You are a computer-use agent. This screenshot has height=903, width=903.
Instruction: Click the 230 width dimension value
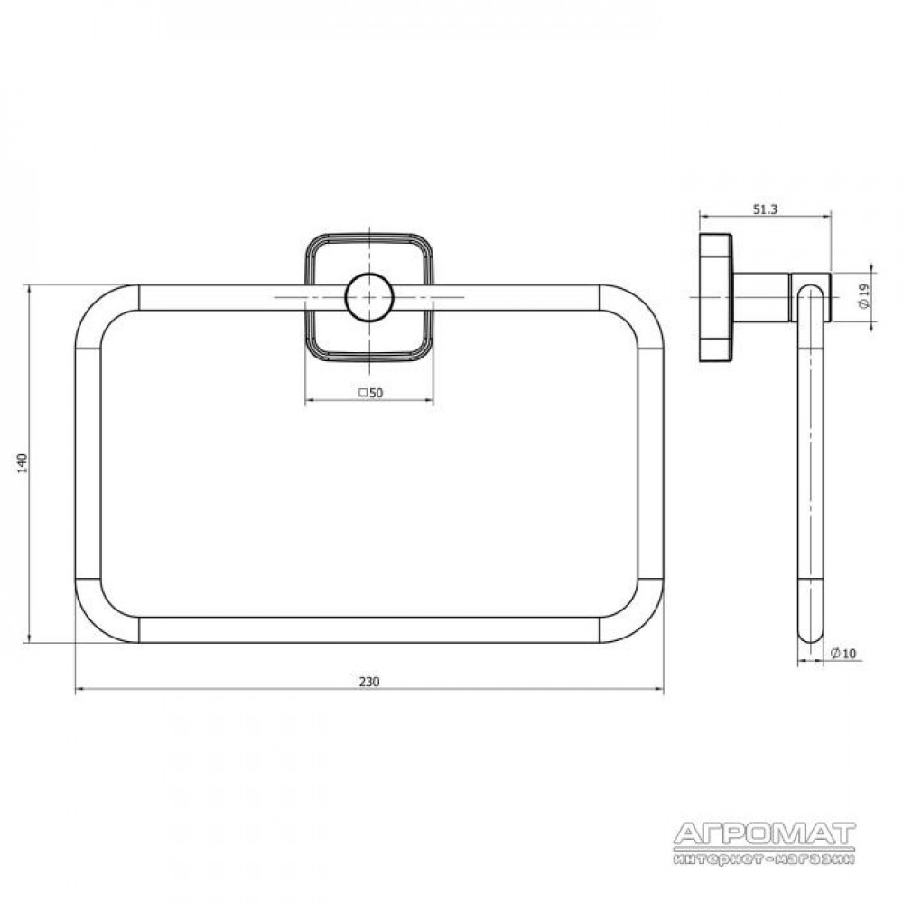[x=369, y=681]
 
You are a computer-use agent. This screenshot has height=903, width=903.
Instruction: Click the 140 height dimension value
[x=23, y=463]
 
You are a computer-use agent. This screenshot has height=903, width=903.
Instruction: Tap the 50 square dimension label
[x=371, y=393]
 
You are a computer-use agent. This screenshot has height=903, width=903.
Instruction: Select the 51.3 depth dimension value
[x=766, y=209]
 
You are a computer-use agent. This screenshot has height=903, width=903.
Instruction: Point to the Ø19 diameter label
[x=864, y=297]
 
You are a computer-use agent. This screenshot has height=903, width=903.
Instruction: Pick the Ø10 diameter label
[x=843, y=653]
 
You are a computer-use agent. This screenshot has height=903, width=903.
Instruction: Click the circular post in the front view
[x=369, y=297]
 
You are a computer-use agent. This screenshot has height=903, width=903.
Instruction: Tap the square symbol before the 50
[x=363, y=393]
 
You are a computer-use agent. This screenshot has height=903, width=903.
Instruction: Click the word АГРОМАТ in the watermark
[x=765, y=833]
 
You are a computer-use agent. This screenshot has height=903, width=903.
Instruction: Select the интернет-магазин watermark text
[x=765, y=859]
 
